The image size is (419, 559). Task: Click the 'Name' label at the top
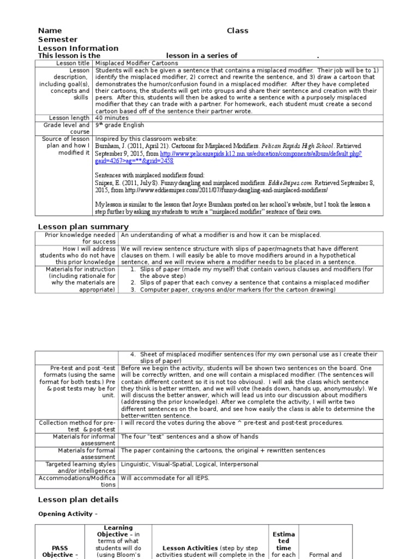[x=50, y=31]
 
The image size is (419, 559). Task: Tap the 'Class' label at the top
[x=237, y=31]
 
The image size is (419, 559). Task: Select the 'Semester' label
[x=57, y=39]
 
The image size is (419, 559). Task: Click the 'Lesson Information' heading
[x=77, y=48]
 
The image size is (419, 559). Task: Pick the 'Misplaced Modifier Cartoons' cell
[x=136, y=63]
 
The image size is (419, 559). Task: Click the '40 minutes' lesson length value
[x=111, y=117]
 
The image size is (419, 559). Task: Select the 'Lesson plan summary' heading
[x=83, y=227]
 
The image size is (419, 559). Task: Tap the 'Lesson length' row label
[x=69, y=117]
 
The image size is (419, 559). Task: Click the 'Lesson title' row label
[x=71, y=63]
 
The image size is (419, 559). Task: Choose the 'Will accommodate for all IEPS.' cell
[x=165, y=478]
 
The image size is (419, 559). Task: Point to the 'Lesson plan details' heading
[x=77, y=499]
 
